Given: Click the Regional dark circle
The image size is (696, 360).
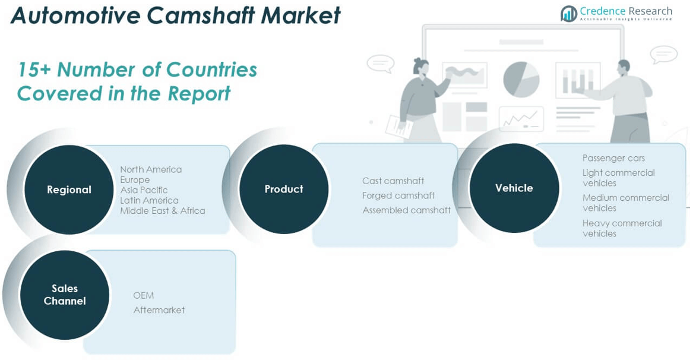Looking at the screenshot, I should tap(69, 190).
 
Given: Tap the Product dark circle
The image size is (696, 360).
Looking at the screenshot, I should tap(284, 189).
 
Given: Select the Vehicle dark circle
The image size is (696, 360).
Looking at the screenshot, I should tap(514, 188).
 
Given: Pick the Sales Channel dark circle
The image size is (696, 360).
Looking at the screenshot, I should tap(65, 295).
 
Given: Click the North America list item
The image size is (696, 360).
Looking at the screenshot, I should tap(151, 169).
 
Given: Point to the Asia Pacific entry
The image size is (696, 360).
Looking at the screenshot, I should tap(144, 190).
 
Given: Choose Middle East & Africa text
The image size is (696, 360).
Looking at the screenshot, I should tap(163, 210).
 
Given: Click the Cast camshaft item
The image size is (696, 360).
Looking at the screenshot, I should tap(393, 181).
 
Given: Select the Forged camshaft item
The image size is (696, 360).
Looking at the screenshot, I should tap(398, 195).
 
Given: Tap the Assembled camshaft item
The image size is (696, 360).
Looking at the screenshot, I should tap(406, 210).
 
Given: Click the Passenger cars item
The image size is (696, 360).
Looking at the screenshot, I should tap(613, 158).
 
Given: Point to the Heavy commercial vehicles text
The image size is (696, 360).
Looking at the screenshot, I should tap(622, 228).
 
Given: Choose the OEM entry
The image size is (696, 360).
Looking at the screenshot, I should tap(143, 295).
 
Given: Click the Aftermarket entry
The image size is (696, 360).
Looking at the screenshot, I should tap(159, 310).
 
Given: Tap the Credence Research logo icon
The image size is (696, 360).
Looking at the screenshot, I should tap(569, 14).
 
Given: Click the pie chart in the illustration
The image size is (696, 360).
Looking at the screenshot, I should tap(521, 79).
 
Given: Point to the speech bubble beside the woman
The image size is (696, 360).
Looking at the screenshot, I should tap(380, 63).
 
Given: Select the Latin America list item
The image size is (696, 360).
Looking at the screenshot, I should tap(149, 200).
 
